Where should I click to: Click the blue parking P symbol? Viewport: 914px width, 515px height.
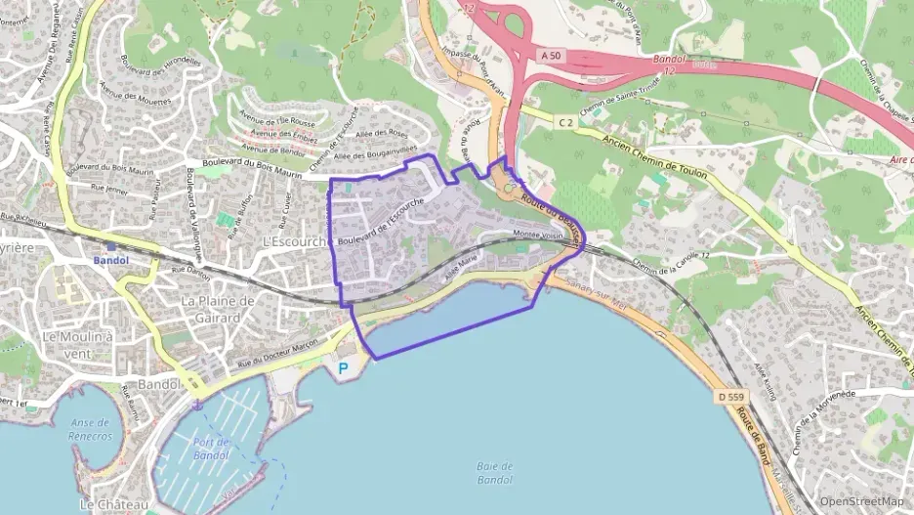(x=342, y=368)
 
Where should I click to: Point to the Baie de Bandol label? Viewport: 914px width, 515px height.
(x=495, y=473)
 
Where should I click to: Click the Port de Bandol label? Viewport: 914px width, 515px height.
(x=211, y=449)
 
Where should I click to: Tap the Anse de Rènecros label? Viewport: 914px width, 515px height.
(x=91, y=429)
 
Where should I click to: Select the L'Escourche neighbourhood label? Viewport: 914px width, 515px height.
(x=293, y=241)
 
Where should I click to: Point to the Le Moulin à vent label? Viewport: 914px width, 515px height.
(x=78, y=344)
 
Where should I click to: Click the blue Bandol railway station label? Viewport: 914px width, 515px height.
(x=110, y=261)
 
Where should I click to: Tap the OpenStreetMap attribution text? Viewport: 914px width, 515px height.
(x=861, y=501)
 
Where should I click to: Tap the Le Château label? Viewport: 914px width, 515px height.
(x=114, y=504)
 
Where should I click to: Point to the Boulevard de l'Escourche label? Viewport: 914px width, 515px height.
(x=380, y=221)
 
